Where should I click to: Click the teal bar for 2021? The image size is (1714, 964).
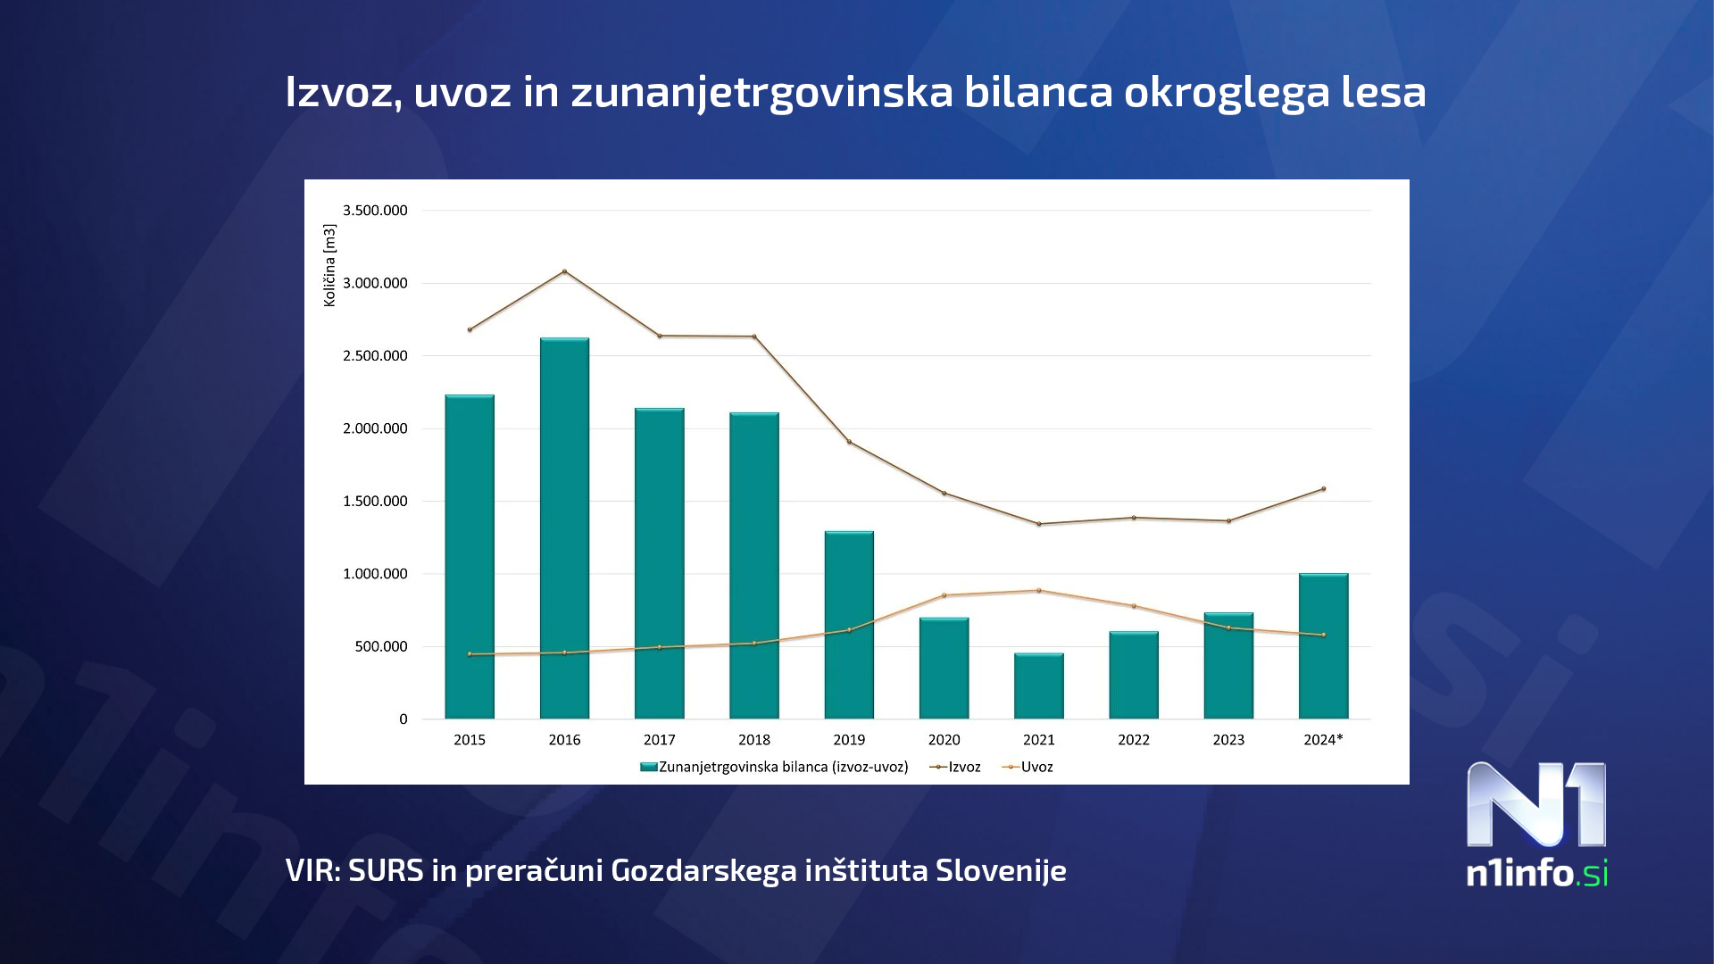coord(1038,686)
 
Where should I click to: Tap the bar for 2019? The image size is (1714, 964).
coord(849,625)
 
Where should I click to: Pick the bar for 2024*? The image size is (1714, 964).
coord(1323,646)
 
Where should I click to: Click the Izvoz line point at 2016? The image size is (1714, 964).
coord(564,271)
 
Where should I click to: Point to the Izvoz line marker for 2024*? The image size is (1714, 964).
coord(1323,489)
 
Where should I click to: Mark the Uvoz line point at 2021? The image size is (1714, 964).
coord(1038,591)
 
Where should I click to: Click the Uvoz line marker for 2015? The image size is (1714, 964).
coord(470,654)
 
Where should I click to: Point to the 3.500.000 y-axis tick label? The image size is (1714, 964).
coord(375,211)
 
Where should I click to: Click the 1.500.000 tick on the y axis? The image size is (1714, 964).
coord(375,502)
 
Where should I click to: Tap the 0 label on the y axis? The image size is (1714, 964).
coord(404,719)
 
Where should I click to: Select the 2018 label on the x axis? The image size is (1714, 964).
coord(754,740)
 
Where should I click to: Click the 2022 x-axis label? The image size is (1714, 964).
coord(1133,740)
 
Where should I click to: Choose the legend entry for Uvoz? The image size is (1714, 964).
coord(1028,767)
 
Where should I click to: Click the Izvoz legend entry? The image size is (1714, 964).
coord(956,767)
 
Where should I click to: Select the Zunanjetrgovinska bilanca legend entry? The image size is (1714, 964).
coord(775,767)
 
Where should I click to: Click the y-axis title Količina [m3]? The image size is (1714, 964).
coord(329,265)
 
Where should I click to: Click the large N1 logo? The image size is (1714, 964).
coord(1535,805)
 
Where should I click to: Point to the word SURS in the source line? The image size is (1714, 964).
coord(386,870)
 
